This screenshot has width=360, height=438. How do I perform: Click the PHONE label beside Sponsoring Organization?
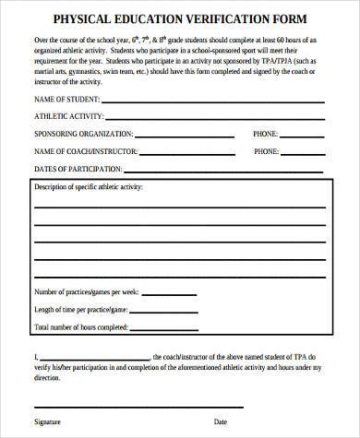265,134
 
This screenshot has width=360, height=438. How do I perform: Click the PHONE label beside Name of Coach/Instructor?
265,150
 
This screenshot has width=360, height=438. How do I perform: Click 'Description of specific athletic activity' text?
95,188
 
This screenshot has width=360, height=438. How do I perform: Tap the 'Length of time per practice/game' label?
81,309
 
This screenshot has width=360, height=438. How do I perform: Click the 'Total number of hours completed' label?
81,326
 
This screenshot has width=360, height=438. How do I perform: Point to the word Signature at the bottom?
48,420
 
